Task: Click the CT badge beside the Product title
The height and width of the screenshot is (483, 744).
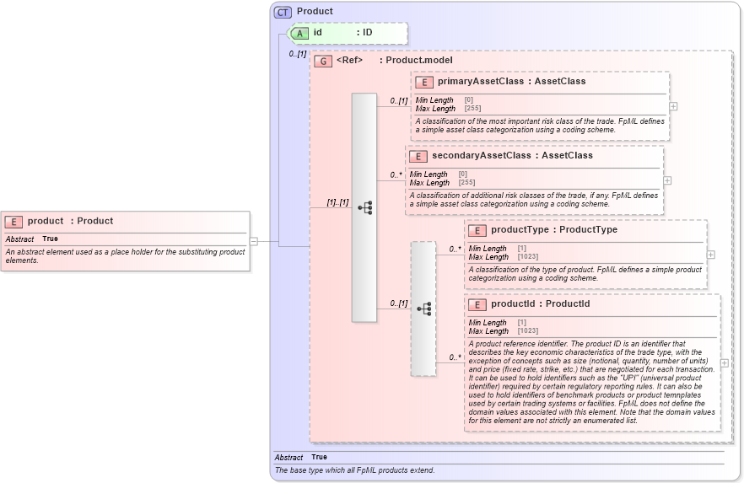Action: [x=283, y=12]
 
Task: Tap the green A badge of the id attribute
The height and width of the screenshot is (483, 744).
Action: [x=299, y=33]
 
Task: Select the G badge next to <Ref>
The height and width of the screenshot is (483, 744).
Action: [x=322, y=61]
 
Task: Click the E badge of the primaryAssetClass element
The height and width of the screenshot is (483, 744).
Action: [x=424, y=82]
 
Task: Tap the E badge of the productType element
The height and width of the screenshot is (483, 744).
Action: [x=477, y=230]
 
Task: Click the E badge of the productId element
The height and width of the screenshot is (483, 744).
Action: [x=477, y=304]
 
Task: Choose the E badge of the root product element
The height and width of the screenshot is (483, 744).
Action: [x=13, y=222]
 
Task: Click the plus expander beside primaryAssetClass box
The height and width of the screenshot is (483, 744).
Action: [x=673, y=107]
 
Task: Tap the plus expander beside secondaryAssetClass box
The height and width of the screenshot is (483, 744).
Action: [x=667, y=180]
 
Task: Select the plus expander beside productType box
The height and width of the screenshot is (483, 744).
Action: [x=710, y=255]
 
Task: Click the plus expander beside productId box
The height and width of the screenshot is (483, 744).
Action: [x=724, y=363]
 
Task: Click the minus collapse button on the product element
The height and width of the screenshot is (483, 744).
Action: [x=254, y=241]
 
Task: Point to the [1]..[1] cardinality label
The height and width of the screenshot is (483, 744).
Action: [x=337, y=202]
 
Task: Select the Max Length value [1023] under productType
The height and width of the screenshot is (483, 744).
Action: [x=527, y=256]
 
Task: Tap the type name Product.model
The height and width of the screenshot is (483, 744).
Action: [x=419, y=61]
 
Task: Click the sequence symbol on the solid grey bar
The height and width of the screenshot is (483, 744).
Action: [x=364, y=207]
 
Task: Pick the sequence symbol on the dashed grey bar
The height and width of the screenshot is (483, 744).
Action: [x=423, y=309]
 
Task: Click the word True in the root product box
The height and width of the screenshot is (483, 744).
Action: [x=50, y=239]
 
